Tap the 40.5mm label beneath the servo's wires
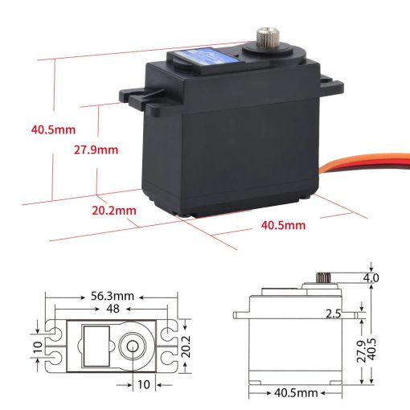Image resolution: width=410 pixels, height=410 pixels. pyautogui.click(x=283, y=225)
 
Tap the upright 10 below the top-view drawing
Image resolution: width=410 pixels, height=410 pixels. pyautogui.click(x=143, y=384)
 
